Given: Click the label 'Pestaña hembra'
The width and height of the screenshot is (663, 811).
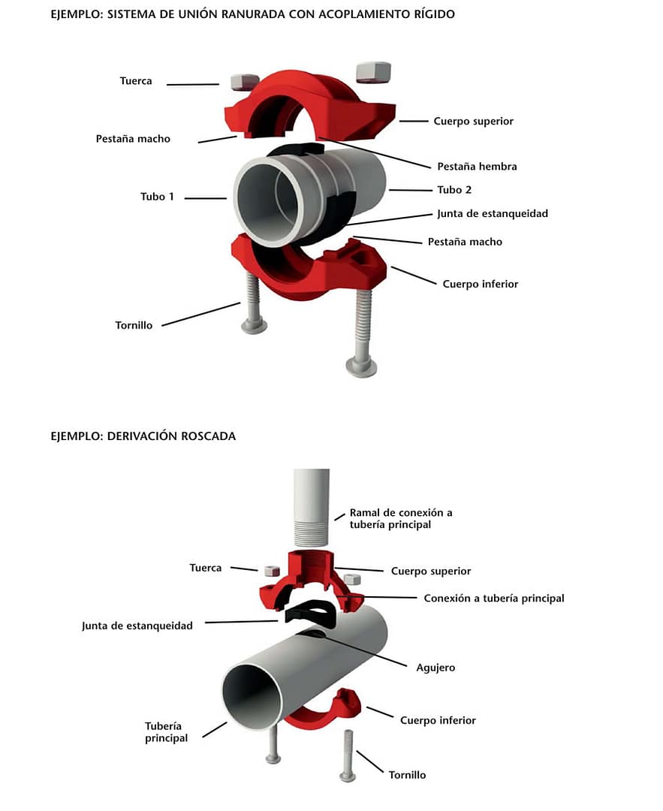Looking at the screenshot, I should click(x=477, y=166).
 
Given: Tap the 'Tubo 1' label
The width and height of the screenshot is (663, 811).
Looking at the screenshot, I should click(x=157, y=197).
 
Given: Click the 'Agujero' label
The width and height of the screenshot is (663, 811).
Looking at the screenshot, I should click(x=435, y=667).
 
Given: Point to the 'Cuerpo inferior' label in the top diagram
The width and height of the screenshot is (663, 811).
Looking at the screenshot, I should click(x=480, y=284).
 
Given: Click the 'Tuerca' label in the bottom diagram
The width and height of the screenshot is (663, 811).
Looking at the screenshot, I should click(x=205, y=568).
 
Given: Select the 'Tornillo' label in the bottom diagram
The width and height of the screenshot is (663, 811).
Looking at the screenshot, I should click(x=407, y=774).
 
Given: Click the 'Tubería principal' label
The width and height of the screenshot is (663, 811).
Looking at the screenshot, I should click(x=166, y=732).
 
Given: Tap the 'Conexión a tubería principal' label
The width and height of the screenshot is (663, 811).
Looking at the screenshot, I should click(x=493, y=598).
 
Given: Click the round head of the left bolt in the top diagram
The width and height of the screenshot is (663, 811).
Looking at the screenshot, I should click(x=252, y=326).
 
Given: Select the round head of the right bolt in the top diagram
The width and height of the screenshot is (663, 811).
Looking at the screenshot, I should click(x=362, y=366).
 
